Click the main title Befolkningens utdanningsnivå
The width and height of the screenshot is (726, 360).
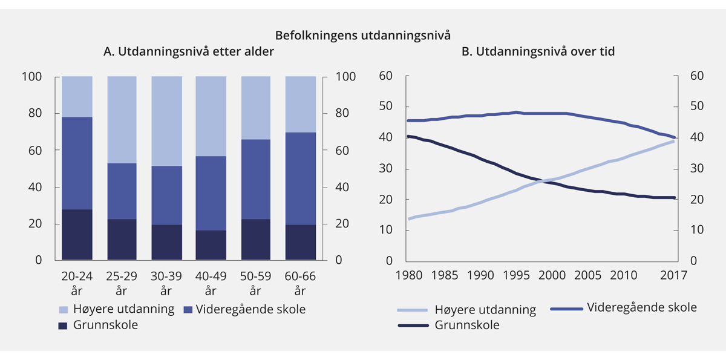[x=363, y=34]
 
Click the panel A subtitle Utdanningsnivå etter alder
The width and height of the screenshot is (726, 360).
[x=188, y=51]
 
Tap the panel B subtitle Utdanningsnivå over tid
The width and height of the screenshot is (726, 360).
[x=538, y=51]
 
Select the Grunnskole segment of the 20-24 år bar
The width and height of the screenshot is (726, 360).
[x=77, y=235]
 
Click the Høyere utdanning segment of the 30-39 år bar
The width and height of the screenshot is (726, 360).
[x=166, y=121]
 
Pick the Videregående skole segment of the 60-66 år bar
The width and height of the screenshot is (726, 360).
[x=301, y=178]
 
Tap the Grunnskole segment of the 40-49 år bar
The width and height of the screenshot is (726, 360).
[x=211, y=245]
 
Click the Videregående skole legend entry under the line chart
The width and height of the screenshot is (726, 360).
[x=641, y=307]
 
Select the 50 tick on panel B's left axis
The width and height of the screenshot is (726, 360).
[x=385, y=107]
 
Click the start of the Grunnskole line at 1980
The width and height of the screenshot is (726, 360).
[x=408, y=136]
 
